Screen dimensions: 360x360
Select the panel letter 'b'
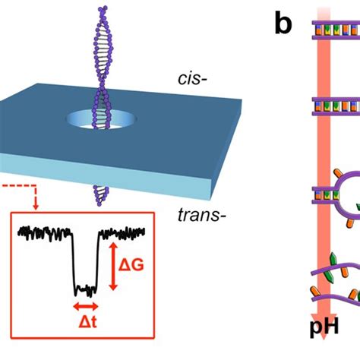(x=283, y=24)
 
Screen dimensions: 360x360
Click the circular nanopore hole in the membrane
(x=98, y=120)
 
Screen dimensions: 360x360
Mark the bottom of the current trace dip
(x=85, y=289)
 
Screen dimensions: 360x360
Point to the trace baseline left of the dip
(x=46, y=229)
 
